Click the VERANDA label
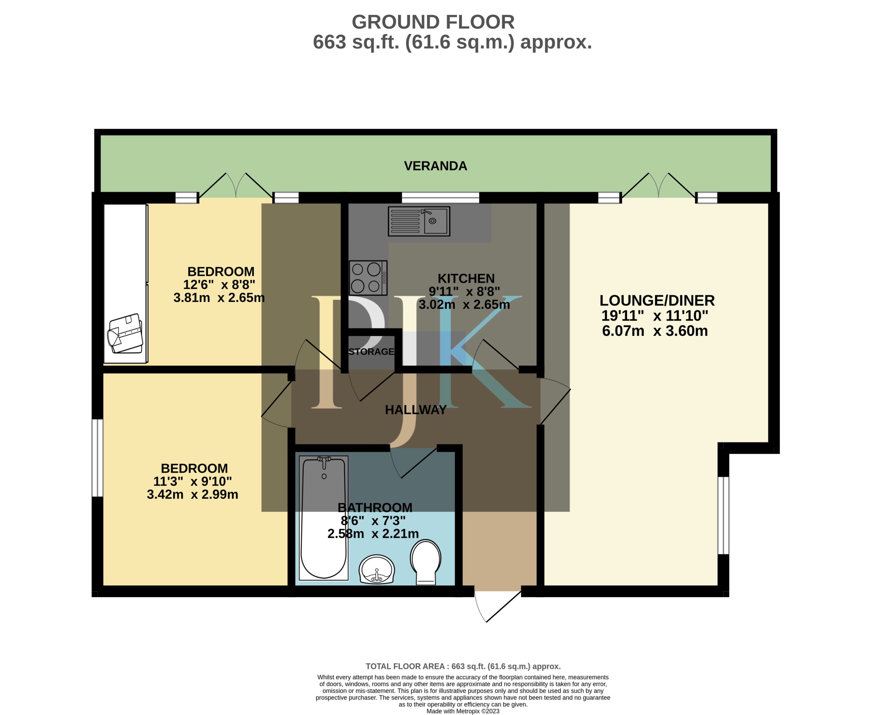[x=435, y=166]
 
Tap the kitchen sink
[x=419, y=221]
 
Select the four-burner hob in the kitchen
[x=368, y=278]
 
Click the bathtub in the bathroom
[x=324, y=518]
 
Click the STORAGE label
[x=372, y=351]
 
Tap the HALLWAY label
[x=415, y=410]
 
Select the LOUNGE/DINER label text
[x=657, y=300]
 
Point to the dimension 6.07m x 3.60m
[x=655, y=331]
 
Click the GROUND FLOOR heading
[x=433, y=22]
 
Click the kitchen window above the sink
[x=440, y=198]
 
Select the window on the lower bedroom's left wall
[x=97, y=458]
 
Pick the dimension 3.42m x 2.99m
[x=192, y=494]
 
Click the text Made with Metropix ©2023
[x=463, y=711]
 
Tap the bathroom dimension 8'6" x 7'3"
[x=373, y=521]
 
